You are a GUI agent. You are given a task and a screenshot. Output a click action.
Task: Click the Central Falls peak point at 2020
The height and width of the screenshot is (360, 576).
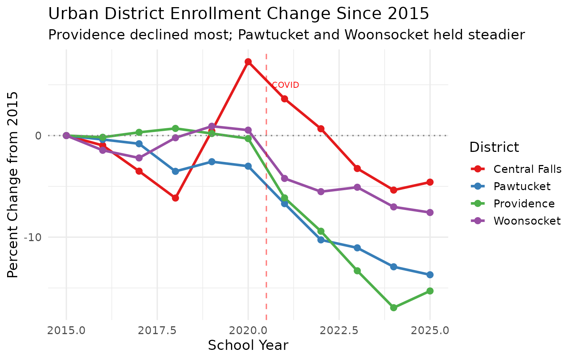point(248,62)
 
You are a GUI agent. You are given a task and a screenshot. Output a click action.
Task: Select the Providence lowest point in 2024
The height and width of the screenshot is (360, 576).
point(393,307)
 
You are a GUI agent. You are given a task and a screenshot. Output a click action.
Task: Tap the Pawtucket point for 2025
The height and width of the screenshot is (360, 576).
point(430,275)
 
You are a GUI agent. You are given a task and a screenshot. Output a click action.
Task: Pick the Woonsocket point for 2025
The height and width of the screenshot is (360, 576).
point(430,213)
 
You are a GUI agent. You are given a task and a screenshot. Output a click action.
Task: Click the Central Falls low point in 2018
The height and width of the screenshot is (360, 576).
point(175,198)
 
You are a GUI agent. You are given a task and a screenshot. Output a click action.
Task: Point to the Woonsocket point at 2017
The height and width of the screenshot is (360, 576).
point(139,158)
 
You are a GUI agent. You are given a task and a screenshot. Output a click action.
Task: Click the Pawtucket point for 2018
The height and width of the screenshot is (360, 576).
point(175,171)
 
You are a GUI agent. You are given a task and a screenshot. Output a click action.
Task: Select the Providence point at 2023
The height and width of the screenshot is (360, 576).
point(357,271)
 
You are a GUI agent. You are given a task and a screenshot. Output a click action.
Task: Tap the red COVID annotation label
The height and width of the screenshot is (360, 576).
point(285,85)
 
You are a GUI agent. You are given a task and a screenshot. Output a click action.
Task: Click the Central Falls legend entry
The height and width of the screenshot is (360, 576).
point(527,169)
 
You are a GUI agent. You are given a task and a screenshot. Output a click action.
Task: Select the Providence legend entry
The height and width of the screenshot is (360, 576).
point(524,204)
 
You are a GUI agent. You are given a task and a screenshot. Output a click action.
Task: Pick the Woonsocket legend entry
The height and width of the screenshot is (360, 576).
point(527,221)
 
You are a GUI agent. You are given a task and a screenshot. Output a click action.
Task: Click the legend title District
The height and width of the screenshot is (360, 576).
point(494,147)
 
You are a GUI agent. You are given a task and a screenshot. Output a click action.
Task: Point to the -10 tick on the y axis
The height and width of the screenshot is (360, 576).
point(32,237)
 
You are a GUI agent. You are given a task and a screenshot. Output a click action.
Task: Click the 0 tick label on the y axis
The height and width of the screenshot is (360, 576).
point(38,136)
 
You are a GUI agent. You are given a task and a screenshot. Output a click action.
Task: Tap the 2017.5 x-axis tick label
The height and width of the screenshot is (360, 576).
point(157,331)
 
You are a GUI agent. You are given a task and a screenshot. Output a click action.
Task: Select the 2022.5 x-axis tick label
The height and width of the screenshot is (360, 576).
point(339,331)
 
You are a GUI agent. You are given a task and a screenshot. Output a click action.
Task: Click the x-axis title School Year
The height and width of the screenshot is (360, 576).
point(248,345)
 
